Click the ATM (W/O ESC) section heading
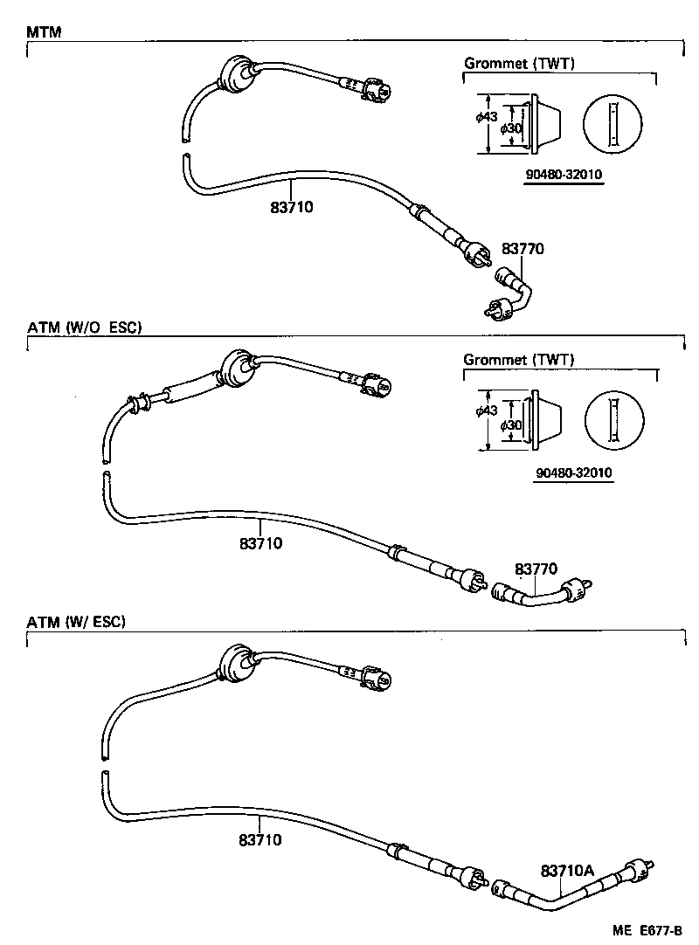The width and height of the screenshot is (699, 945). coord(84,328)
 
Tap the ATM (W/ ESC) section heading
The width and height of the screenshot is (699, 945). coord(76,622)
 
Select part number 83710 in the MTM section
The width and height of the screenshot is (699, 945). coord(292,207)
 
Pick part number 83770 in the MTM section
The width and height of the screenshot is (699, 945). coord(523,249)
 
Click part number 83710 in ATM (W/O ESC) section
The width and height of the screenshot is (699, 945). coord(260,543)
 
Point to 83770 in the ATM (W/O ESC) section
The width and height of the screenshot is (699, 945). coord(536,569)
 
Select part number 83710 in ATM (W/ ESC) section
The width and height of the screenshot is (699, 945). coord(260,839)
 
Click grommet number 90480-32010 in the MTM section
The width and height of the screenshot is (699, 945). coord(564,174)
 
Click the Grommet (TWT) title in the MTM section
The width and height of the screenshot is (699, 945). coord(518,63)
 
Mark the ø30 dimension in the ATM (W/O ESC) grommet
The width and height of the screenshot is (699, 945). coord(511,424)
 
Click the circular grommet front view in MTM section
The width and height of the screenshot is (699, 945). coord(612,122)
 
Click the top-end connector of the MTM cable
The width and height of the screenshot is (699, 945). coord(378,89)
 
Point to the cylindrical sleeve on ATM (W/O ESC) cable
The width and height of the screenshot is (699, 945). coord(188,390)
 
